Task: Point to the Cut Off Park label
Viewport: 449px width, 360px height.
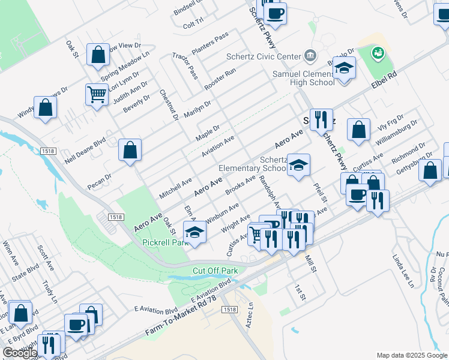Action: [x=215, y=271]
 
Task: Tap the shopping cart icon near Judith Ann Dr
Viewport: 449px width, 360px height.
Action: [x=97, y=94]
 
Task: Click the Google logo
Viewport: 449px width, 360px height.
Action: [x=20, y=352]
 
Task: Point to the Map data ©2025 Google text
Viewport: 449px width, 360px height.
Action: [x=411, y=355]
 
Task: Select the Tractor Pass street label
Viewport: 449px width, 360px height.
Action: [x=185, y=65]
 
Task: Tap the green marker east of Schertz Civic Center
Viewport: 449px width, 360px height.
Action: [x=378, y=53]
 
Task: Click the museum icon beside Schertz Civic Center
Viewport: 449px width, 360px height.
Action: [x=310, y=56]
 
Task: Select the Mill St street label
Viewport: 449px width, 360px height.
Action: [x=310, y=263]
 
